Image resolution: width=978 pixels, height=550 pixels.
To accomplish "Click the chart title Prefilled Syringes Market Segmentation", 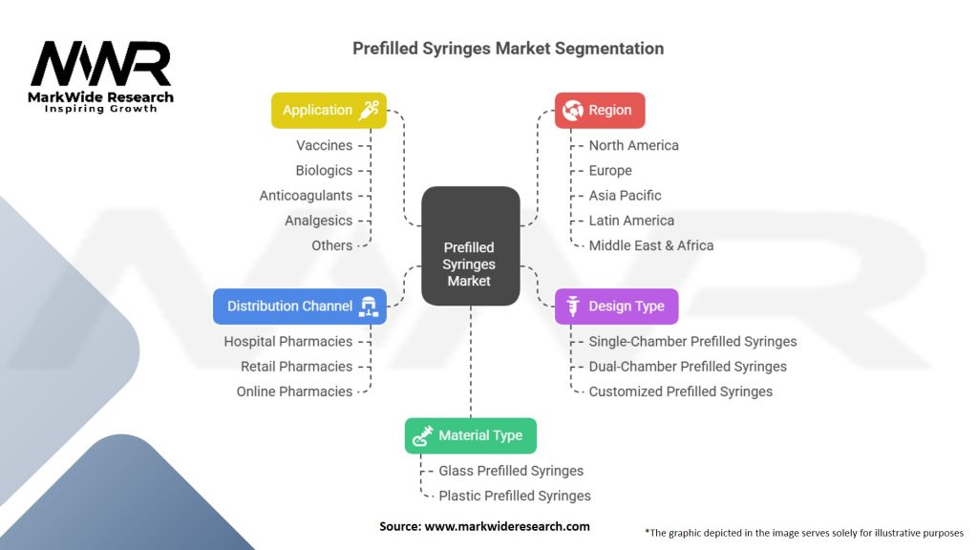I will click(x=507, y=48).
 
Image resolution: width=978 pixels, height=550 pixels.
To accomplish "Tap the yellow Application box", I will click(x=329, y=110).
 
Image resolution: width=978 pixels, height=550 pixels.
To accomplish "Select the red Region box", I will click(x=600, y=110).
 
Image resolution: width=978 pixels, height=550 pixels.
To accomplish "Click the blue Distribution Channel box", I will click(x=300, y=307).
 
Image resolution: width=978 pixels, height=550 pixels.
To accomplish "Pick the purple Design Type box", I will click(x=616, y=307).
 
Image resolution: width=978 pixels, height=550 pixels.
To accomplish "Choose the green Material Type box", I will click(x=470, y=435).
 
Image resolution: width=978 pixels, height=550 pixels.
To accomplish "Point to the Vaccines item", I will click(x=324, y=145).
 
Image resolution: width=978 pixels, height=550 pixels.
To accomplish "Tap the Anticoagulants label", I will click(x=306, y=195).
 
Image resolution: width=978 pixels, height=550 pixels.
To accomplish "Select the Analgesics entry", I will click(x=318, y=220).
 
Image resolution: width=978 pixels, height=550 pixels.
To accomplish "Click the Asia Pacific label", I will click(x=625, y=195).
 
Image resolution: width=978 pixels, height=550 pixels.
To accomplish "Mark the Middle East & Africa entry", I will click(x=650, y=245).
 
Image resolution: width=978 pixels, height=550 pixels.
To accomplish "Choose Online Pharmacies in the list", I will click(x=294, y=391).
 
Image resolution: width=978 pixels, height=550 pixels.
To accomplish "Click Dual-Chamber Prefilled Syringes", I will click(x=688, y=366).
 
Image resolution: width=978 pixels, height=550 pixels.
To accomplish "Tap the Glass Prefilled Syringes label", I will click(x=511, y=471).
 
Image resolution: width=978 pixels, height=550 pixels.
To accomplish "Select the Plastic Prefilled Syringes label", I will click(x=514, y=496).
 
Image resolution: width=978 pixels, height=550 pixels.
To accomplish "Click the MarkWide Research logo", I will click(x=101, y=76).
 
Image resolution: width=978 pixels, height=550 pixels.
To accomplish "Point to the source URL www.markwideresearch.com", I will click(x=507, y=526).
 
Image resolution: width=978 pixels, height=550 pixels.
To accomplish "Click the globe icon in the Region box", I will click(x=573, y=110).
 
